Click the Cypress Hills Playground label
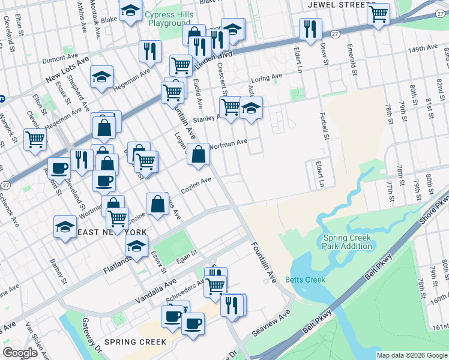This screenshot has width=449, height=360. point(163,19)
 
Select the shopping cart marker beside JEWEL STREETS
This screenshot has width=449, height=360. point(379,13)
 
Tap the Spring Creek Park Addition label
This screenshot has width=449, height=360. point(348,242)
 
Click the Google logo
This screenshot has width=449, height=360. point(20,353)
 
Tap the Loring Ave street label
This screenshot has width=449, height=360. point(267,77)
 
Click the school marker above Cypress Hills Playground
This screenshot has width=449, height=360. point(130,11)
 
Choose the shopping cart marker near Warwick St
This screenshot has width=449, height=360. point(35,139)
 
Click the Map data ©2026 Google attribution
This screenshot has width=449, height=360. point(412,355)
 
